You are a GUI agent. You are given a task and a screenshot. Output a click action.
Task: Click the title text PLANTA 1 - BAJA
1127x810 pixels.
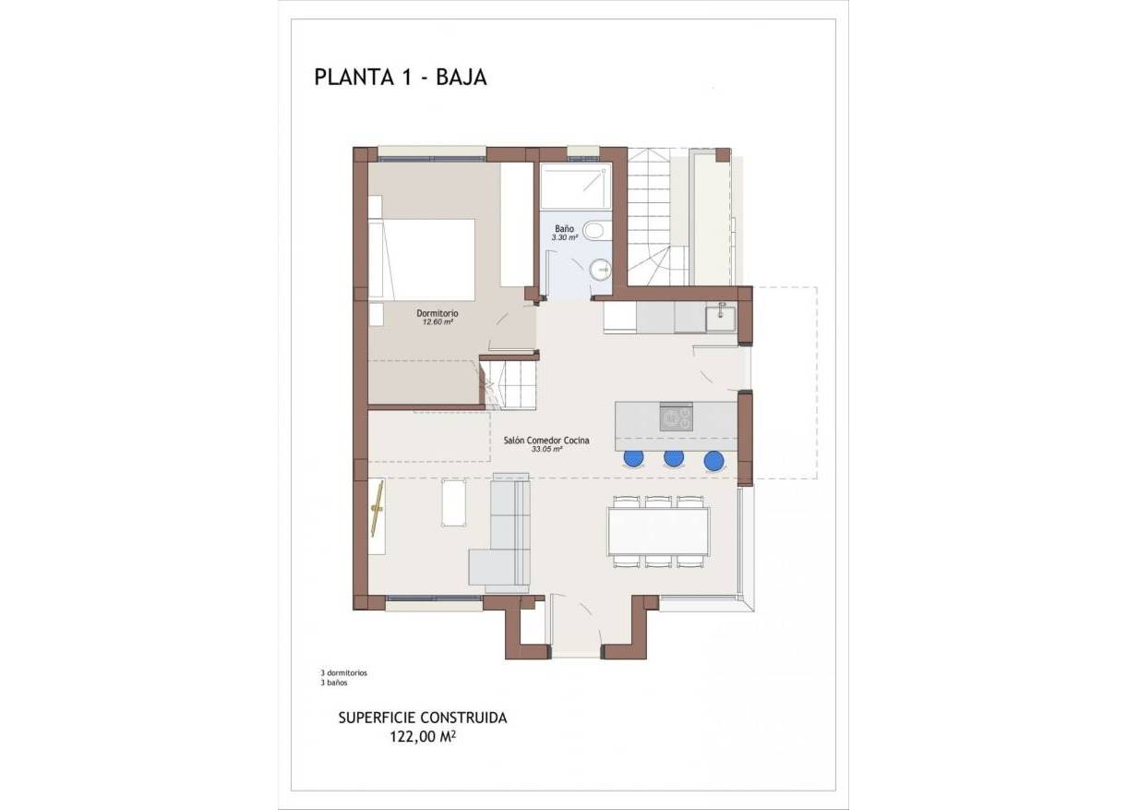tap(401, 78)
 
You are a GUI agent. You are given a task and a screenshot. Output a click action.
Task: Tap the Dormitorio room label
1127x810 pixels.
tap(438, 314)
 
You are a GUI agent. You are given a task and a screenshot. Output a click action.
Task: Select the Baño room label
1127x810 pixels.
tap(564, 228)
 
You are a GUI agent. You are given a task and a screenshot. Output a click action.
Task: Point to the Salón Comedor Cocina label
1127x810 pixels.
tap(546, 441)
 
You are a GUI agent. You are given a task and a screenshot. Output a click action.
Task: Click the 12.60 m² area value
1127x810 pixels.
tap(438, 323)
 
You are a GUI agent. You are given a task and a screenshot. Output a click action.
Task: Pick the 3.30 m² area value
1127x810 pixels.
tap(564, 237)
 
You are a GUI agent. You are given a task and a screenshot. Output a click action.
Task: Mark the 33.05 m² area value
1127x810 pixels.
tap(546, 451)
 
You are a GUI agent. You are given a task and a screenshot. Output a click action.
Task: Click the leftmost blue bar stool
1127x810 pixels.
tap(634, 457)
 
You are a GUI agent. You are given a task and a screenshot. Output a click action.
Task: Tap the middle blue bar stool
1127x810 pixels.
tap(674, 458)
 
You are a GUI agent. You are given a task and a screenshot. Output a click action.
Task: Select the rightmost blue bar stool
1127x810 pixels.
tap(713, 459)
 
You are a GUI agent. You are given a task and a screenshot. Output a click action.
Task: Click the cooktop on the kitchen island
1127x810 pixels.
tap(677, 417)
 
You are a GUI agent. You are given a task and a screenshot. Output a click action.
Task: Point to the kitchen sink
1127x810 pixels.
tap(720, 317)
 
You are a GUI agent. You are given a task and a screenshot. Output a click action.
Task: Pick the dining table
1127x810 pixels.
tap(658, 532)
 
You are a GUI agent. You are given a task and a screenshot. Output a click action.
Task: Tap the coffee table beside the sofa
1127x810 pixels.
tap(454, 503)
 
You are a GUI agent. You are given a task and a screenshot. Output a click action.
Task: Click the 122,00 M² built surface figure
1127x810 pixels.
tap(423, 737)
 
